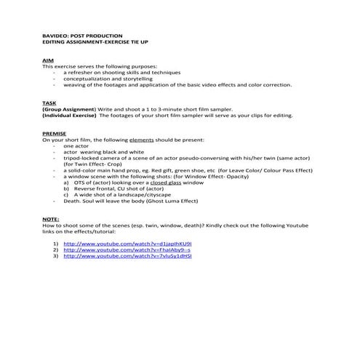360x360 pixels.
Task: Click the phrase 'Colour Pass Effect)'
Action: click(284, 169)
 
